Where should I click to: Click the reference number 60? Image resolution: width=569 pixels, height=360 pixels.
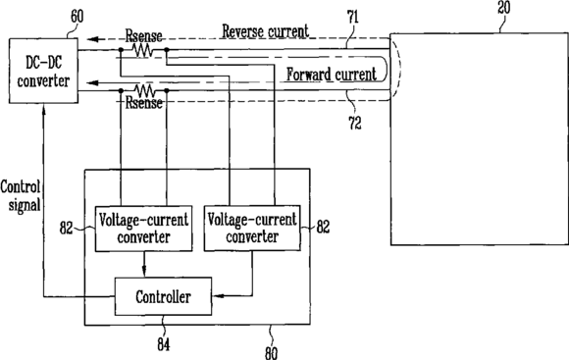(77, 17)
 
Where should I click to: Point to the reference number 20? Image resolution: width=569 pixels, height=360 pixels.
(503, 7)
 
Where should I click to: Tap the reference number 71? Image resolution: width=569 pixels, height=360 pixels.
(352, 18)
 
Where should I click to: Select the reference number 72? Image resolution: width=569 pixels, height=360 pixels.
(355, 123)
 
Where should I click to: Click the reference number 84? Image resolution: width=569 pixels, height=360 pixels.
(163, 344)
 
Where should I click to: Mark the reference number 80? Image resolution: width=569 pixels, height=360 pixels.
(271, 353)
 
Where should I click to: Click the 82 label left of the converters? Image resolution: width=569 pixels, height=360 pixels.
(67, 229)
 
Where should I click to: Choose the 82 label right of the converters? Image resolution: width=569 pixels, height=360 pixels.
(323, 227)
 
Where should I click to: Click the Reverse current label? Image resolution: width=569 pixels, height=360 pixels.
(265, 31)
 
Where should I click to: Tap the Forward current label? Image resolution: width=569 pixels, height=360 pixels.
(332, 75)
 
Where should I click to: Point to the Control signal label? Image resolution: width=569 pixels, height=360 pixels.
(20, 196)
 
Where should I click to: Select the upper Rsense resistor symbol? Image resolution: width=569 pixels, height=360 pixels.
(143, 50)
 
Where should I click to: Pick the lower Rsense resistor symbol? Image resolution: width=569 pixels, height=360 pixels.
(144, 90)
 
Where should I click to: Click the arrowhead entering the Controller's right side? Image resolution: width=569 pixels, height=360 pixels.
(217, 296)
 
